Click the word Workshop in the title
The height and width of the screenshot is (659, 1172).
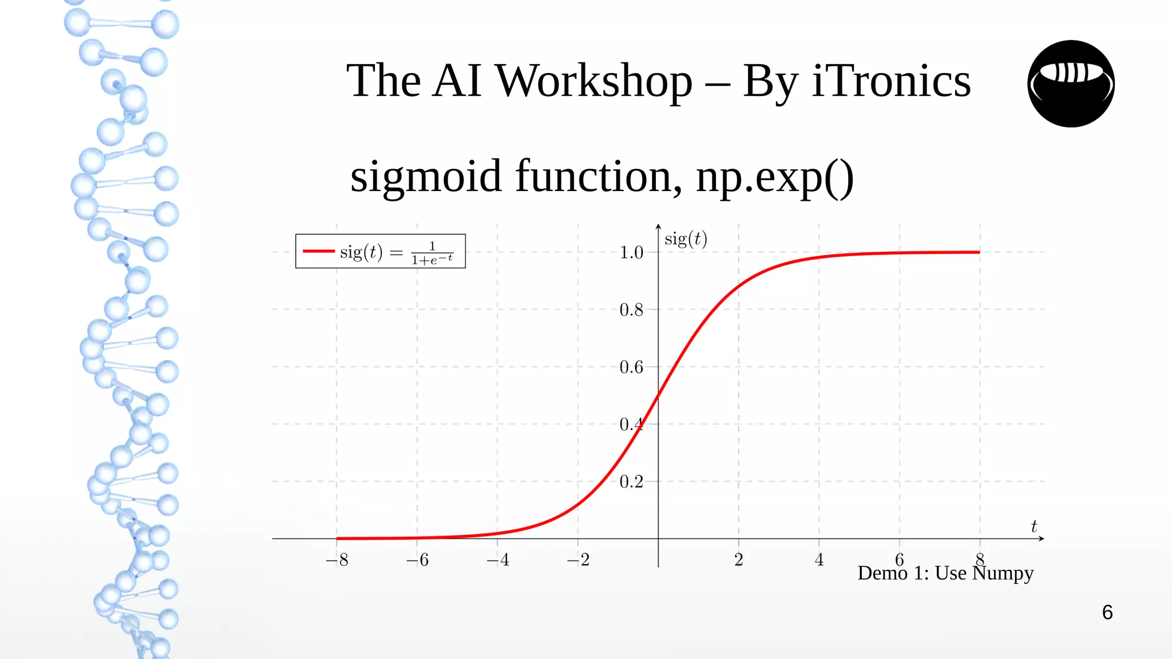(x=593, y=81)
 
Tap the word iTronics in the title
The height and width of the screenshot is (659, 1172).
(x=891, y=81)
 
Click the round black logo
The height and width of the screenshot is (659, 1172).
(x=1071, y=84)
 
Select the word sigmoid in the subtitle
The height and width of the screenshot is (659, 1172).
(x=426, y=177)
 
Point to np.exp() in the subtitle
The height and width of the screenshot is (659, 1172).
(x=775, y=177)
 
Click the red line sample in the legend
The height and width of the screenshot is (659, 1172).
(x=318, y=251)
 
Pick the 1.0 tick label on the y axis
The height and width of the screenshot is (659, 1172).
(x=631, y=252)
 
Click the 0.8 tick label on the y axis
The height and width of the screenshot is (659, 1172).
(x=631, y=309)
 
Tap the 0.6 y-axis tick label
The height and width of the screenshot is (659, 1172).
(x=631, y=367)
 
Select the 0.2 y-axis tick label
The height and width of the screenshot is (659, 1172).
(x=631, y=482)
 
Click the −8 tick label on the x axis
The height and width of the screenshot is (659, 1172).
(x=337, y=559)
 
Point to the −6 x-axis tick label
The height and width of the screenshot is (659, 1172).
(x=417, y=559)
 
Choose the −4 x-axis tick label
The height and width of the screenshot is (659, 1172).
(x=498, y=559)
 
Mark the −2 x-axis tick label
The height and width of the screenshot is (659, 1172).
(x=578, y=559)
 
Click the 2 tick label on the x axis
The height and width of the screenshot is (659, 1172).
(x=739, y=559)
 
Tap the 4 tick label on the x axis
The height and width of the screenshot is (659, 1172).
(x=819, y=559)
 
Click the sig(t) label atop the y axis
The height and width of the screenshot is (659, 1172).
(x=686, y=239)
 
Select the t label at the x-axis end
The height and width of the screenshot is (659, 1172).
(x=1034, y=526)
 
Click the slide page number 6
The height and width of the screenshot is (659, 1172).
(x=1107, y=613)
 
